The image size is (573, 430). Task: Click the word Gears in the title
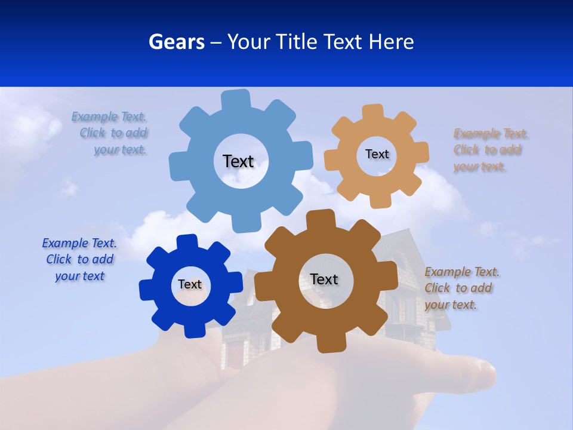coord(176,42)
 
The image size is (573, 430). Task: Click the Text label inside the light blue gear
coord(238,161)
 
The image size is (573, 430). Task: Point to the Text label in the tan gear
coord(377,154)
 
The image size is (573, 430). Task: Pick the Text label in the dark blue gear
coord(190,284)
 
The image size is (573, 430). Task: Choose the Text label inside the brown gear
coord(324,279)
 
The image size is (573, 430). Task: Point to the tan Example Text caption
coord(491,150)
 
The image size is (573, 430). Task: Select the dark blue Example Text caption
coord(79,260)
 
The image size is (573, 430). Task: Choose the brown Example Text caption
coord(462,288)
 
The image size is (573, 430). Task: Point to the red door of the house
coord(236,355)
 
